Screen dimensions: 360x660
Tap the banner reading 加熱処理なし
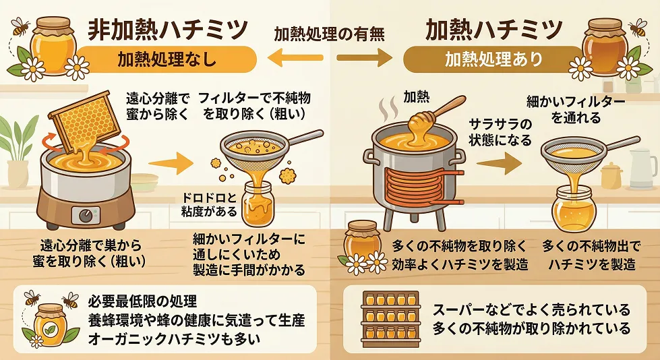167,59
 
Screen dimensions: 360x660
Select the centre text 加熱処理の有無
329,34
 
